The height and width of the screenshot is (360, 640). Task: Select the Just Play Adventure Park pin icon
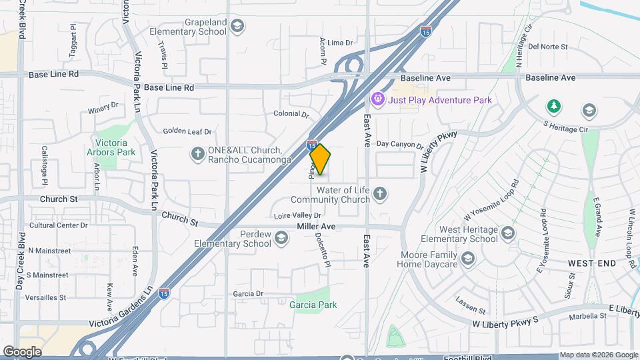[x=378, y=99]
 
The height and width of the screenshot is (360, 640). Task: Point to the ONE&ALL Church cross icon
[x=197, y=154]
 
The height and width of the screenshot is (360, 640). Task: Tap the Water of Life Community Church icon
[x=380, y=194]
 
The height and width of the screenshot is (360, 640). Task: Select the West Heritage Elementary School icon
[x=509, y=233]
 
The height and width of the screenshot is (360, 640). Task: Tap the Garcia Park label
[x=313, y=305]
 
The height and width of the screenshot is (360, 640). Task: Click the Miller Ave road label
[x=315, y=227]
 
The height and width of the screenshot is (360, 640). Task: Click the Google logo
[x=22, y=351]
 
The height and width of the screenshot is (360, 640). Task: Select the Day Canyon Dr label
[x=399, y=144]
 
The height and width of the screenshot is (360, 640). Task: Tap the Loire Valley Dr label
[x=298, y=215]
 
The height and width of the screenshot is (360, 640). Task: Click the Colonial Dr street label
[x=291, y=114]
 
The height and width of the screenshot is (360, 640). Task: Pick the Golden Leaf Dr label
[x=187, y=131]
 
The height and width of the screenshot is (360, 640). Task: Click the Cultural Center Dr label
[x=54, y=225]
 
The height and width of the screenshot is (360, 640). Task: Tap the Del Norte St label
[x=547, y=47]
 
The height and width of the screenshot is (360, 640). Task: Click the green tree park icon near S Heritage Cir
[x=553, y=106]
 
